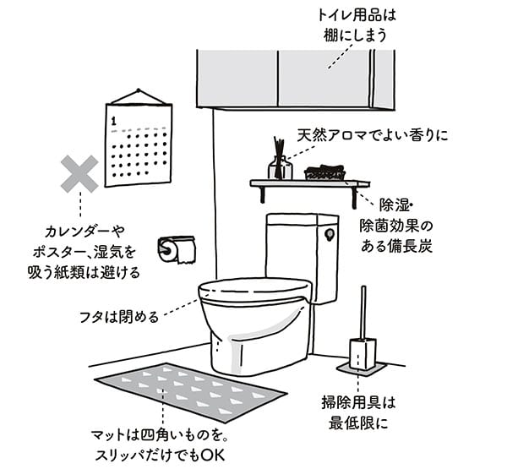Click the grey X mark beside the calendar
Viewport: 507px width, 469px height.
(x=79, y=174)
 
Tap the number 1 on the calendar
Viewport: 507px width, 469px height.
(x=113, y=121)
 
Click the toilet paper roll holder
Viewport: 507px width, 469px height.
(x=177, y=249)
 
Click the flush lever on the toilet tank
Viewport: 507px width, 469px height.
(x=330, y=235)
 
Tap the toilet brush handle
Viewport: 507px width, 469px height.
(x=363, y=312)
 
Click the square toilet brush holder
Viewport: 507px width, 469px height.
(x=363, y=354)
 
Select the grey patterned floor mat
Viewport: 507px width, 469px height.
(x=191, y=392)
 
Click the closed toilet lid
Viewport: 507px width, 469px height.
(x=255, y=291)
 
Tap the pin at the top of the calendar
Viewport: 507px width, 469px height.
(x=139, y=90)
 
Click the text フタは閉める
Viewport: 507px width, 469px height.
(x=119, y=317)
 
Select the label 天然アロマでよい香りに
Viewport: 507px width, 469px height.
(x=373, y=135)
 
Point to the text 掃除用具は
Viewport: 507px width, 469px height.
(x=358, y=403)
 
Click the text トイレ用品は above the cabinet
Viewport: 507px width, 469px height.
(x=357, y=15)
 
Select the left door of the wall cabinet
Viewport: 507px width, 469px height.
(x=237, y=79)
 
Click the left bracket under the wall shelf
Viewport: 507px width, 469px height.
(x=262, y=194)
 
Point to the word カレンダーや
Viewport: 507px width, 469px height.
(x=84, y=232)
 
